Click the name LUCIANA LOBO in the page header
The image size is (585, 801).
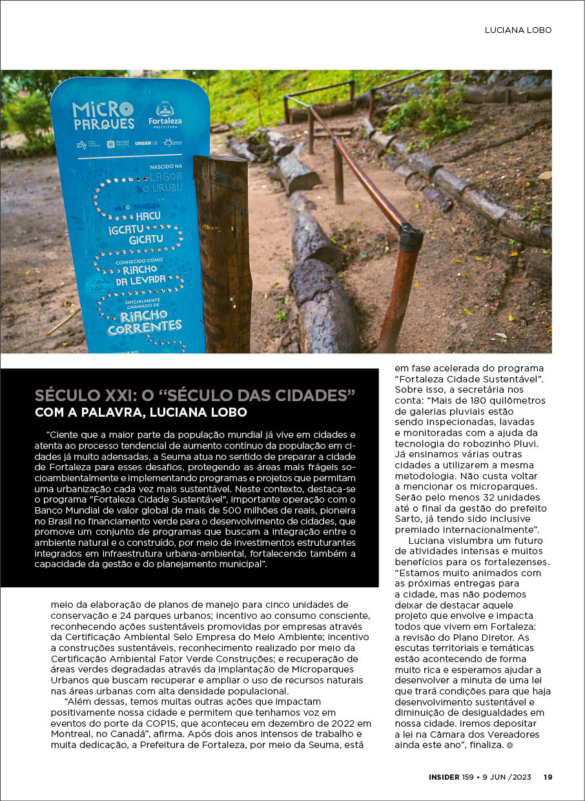pos(518,30)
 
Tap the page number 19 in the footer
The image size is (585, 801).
pos(548,777)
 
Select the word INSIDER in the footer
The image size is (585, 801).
pos(444,777)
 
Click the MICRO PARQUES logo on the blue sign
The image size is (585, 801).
pos(103,115)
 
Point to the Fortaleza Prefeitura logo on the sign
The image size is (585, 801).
pos(165,114)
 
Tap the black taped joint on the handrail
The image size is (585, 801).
pos(411,238)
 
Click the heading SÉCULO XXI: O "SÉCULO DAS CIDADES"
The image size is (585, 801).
pos(196,395)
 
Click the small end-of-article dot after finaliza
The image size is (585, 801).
pos(509,745)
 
